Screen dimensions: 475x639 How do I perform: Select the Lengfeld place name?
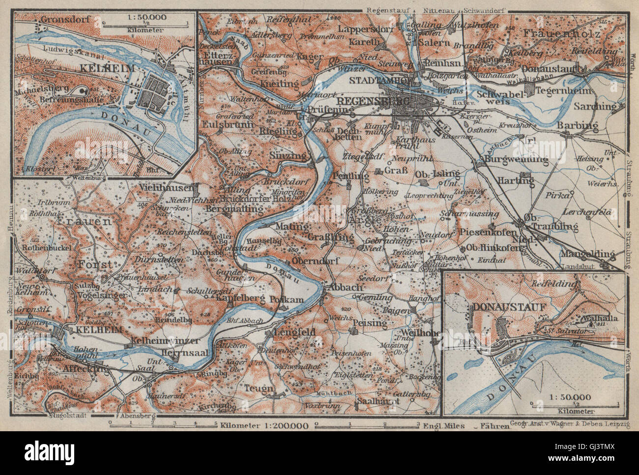[290, 332]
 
